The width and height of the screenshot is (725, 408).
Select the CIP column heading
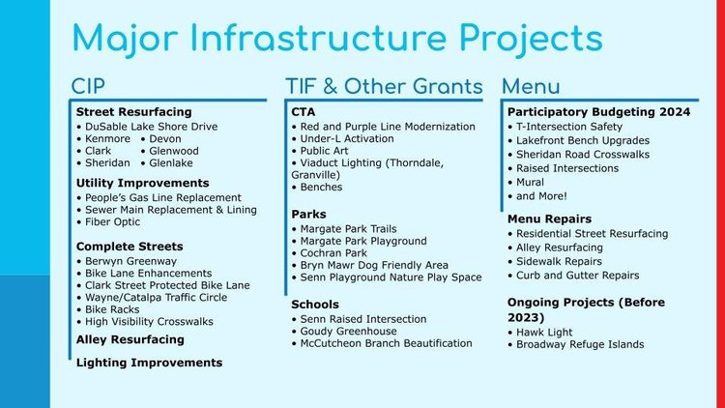[88, 86]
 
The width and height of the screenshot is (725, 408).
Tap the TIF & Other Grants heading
[383, 86]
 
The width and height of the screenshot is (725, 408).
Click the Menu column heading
[531, 86]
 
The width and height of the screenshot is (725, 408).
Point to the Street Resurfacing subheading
[133, 112]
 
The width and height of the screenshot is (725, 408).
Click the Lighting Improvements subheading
[149, 363]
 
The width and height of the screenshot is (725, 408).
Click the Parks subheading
[308, 214]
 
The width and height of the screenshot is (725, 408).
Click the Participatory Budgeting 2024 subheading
[598, 112]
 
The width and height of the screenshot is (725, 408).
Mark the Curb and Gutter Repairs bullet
[577, 276]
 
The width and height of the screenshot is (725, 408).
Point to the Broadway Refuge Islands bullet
[580, 344]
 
